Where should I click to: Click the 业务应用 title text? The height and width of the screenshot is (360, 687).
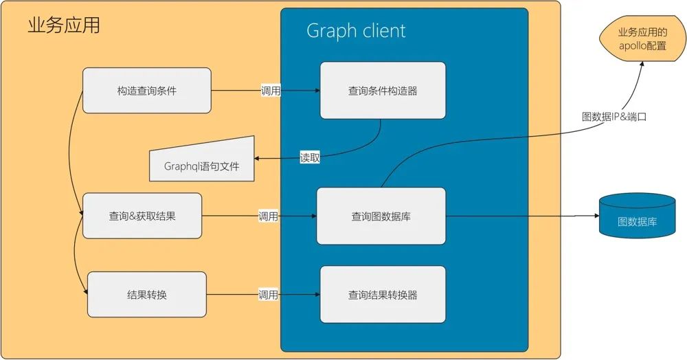(x=64, y=25)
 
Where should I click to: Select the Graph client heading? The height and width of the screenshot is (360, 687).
(x=355, y=31)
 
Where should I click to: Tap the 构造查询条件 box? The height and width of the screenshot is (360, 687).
(x=146, y=90)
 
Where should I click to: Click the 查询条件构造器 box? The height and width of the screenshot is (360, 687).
(x=383, y=90)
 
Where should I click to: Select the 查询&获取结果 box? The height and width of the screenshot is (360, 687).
(x=142, y=216)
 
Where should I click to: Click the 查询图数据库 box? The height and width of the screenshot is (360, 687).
(x=381, y=216)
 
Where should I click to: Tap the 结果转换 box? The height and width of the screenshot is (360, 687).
(x=147, y=295)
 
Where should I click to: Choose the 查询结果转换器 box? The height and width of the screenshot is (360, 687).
(x=383, y=295)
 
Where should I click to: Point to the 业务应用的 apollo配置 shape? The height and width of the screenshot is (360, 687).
(x=642, y=39)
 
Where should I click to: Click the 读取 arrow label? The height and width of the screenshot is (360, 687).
(x=310, y=157)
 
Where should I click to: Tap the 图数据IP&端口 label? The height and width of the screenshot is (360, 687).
(x=614, y=117)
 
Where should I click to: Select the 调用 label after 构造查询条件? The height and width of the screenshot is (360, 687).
(x=270, y=91)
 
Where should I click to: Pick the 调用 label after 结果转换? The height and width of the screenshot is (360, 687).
(x=268, y=295)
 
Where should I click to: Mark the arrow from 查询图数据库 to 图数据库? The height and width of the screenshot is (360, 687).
(x=522, y=216)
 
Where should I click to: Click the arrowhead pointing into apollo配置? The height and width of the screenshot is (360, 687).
(x=642, y=63)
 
